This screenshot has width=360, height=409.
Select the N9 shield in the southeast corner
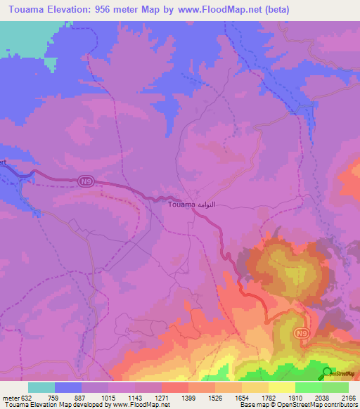coord(302,332)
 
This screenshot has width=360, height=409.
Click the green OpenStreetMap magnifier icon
coord(327,372)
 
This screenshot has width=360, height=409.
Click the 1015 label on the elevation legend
coord(108,397)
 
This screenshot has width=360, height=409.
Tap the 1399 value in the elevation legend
coord(188,397)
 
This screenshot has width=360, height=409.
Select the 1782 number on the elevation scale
coord(268,397)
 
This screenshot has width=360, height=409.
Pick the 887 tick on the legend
coord(81,397)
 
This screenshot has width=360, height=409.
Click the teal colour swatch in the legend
coord(41,387)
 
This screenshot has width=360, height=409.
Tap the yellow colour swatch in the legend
coord(281,387)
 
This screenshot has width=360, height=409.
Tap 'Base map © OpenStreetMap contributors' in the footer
coord(298,405)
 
